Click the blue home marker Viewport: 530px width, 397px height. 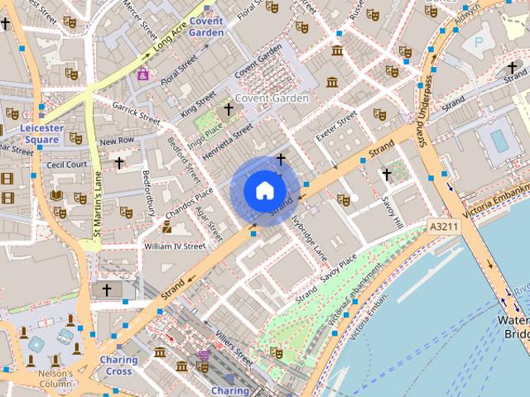(263, 190)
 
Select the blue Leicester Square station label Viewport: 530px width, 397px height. (41, 134)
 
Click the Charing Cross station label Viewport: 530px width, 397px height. (118, 366)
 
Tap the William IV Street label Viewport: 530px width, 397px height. (173, 246)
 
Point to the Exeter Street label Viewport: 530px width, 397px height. (335, 128)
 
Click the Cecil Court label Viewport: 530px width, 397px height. (66, 165)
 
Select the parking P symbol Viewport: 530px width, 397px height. (478, 41)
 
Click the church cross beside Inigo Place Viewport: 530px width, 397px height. (229, 108)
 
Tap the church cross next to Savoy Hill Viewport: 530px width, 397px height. (386, 175)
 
